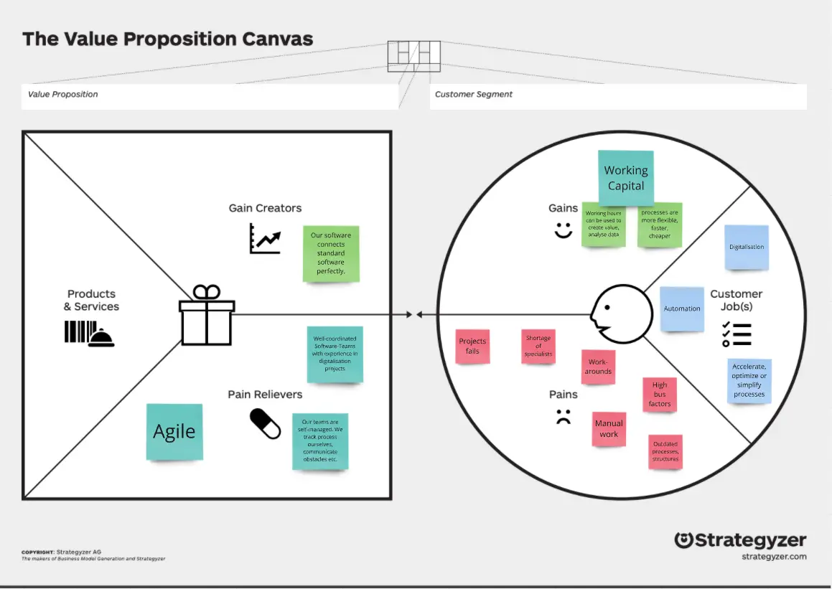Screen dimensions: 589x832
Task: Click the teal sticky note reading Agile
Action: click(174, 431)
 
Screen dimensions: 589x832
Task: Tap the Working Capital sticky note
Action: click(625, 177)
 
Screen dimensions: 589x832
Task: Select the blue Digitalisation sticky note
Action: click(747, 247)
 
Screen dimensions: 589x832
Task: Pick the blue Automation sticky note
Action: click(681, 308)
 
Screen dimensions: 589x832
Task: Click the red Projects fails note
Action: click(472, 346)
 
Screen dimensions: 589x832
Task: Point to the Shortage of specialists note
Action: click(538, 346)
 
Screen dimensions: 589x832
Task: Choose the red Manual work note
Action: click(609, 429)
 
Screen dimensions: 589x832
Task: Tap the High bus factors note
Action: click(660, 394)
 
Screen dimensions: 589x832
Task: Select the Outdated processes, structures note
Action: click(665, 452)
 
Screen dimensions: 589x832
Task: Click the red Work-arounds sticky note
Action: click(598, 367)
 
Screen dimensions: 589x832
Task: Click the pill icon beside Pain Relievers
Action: click(265, 424)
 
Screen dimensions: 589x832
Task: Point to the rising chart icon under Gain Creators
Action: click(265, 238)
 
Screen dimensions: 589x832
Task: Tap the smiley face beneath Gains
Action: click(563, 230)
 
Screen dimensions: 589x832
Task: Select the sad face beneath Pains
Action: click(563, 416)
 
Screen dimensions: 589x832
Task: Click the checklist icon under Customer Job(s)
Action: click(736, 334)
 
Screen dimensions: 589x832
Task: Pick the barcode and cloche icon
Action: click(89, 334)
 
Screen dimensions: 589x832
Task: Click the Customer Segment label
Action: click(474, 95)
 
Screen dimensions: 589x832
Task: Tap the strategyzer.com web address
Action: click(774, 557)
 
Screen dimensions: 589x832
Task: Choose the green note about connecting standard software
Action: click(331, 253)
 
